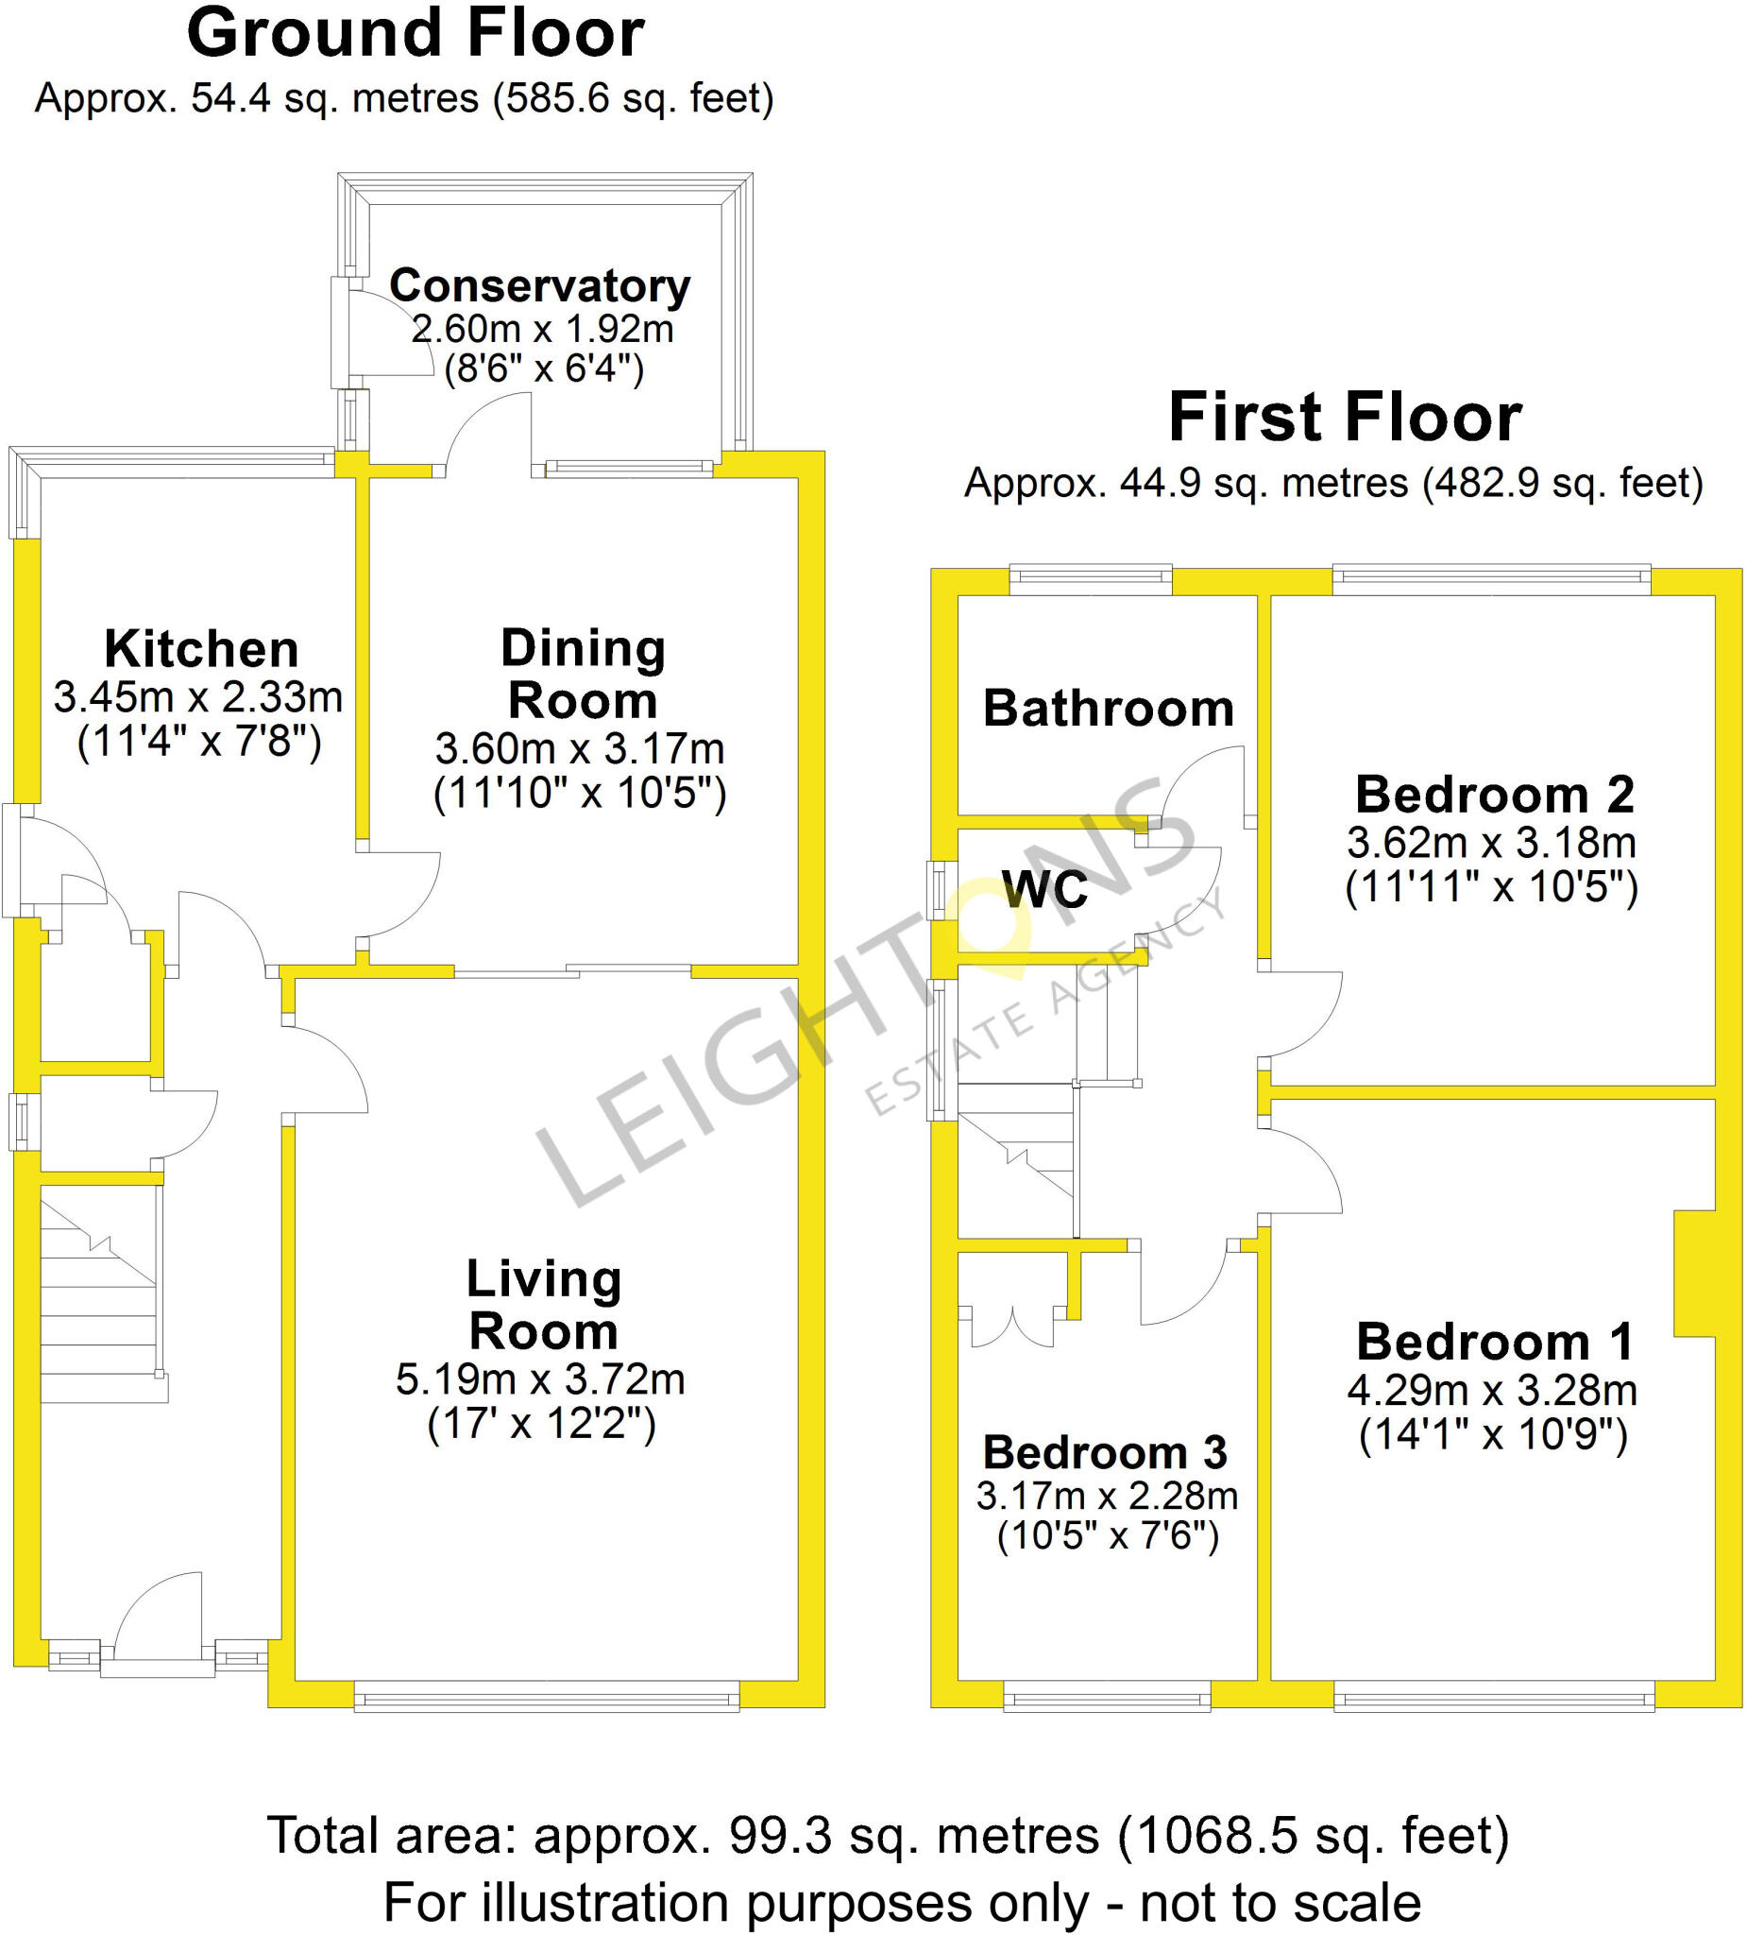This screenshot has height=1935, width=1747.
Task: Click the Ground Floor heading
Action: [x=416, y=35]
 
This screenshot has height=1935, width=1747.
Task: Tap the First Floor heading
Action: [x=1344, y=419]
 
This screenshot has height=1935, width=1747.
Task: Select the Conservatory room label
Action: [x=539, y=285]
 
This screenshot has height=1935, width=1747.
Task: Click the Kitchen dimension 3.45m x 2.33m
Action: [x=197, y=697]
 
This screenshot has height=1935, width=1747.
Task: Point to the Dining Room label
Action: [x=583, y=674]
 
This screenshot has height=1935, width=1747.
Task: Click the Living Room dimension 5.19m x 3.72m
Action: [x=540, y=1379]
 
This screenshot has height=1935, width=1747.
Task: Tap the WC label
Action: [x=1044, y=889]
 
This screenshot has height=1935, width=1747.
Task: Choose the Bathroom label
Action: [x=1108, y=709]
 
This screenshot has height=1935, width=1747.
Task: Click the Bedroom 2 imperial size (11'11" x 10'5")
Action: [x=1491, y=887]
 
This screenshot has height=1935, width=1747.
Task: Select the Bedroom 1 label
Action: [x=1495, y=1342]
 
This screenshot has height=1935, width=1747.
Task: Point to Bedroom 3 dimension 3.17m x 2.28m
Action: [x=1106, y=1496]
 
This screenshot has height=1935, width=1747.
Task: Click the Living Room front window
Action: [x=546, y=1702]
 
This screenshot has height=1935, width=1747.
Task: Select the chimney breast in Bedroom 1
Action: [x=1694, y=1273]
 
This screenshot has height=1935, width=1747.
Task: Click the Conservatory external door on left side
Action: [x=342, y=332]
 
